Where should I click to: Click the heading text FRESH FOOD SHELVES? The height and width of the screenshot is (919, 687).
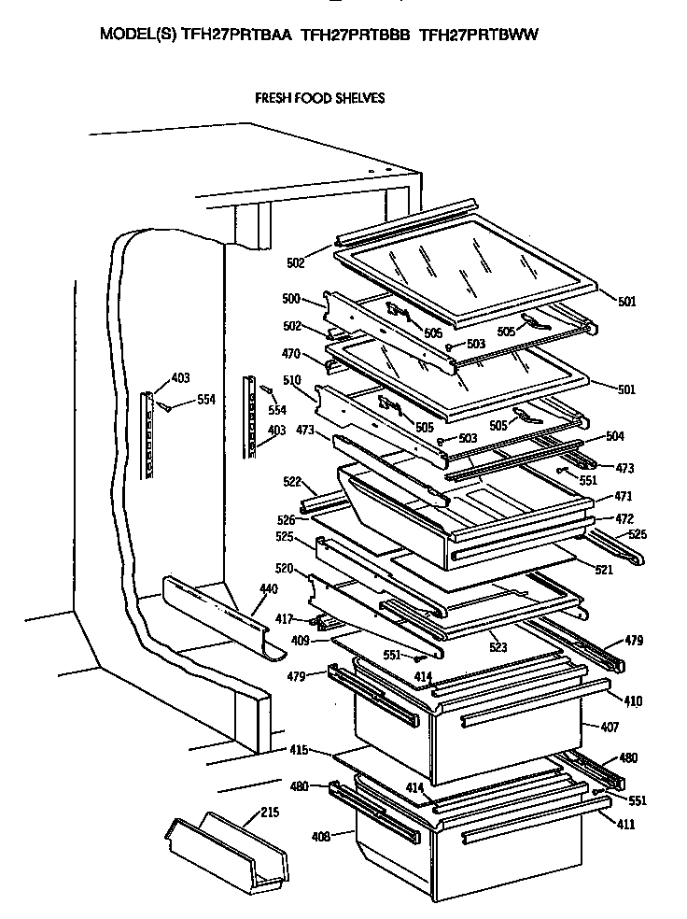[x=320, y=97]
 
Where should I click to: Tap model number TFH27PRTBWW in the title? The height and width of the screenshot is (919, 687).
[x=480, y=35]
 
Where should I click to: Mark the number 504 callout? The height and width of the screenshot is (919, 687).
[x=615, y=436]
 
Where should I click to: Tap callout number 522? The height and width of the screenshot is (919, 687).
[x=293, y=481]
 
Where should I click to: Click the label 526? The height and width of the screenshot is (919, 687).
[x=287, y=519]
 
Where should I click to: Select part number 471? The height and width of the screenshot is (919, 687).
[x=623, y=497]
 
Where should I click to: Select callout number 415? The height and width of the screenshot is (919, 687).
[x=298, y=750]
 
